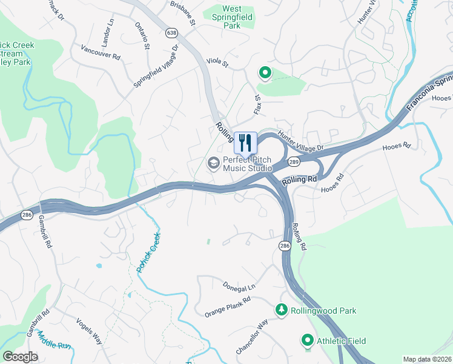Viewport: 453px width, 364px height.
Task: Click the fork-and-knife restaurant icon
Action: click(x=245, y=143)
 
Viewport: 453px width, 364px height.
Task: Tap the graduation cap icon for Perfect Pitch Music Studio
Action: click(x=213, y=163)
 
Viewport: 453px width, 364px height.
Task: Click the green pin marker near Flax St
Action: click(x=265, y=73)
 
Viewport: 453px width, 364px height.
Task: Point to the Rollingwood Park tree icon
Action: click(x=282, y=310)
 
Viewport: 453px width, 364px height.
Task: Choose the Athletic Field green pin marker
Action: click(x=308, y=341)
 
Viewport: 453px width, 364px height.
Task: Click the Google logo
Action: click(x=21, y=357)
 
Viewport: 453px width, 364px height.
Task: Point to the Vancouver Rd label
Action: click(x=101, y=52)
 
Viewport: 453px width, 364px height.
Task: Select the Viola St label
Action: click(x=217, y=62)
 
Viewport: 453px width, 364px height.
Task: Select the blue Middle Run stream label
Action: click(x=53, y=343)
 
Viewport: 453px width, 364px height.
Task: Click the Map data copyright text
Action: click(x=428, y=359)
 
